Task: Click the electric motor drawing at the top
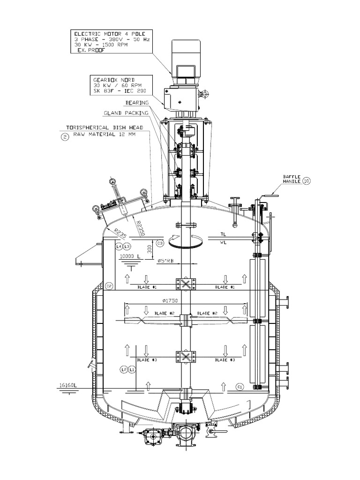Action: click(187, 58)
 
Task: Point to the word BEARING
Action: click(137, 102)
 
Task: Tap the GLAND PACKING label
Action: click(126, 113)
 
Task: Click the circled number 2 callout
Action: click(64, 137)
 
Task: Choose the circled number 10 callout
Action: click(306, 180)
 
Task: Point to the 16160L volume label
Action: click(68, 385)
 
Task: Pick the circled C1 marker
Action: click(240, 387)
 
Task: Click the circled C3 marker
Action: click(160, 243)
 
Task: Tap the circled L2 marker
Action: click(124, 369)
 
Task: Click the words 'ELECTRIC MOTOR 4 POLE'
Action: click(107, 34)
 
